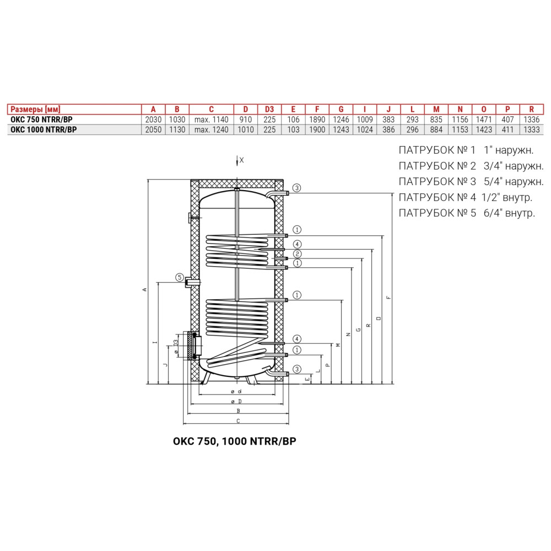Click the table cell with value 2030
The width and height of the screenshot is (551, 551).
[x=153, y=120]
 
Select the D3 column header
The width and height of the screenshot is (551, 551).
[x=269, y=109]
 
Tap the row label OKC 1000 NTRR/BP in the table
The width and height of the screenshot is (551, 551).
[x=44, y=129]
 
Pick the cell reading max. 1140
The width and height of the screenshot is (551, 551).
[x=211, y=120]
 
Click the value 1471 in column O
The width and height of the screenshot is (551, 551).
[x=484, y=120]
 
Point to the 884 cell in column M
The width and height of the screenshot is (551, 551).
[x=436, y=129]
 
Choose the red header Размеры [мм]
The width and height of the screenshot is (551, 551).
[x=35, y=109]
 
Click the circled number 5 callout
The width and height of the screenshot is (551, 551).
[x=180, y=278]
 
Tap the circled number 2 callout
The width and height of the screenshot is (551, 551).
[x=298, y=253]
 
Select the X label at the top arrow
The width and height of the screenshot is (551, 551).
[x=241, y=160]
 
